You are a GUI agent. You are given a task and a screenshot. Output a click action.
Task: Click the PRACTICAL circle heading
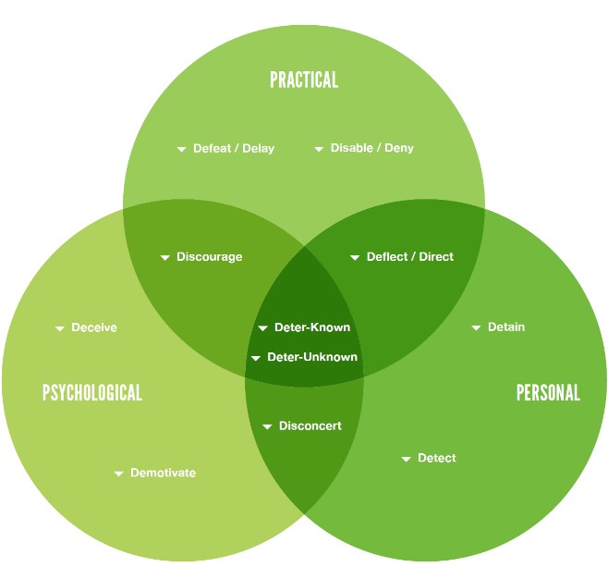click(304, 80)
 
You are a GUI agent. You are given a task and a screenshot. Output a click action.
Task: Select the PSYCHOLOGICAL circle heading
click(92, 392)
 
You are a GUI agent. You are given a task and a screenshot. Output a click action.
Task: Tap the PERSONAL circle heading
click(548, 392)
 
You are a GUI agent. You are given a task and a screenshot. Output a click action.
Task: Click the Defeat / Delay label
click(234, 148)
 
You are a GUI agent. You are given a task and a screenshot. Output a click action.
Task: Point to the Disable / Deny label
click(372, 148)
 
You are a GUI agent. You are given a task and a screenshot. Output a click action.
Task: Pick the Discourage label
click(210, 256)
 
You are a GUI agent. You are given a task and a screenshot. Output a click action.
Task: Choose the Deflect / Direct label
click(410, 256)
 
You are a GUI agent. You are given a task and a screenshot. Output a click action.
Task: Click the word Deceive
click(94, 327)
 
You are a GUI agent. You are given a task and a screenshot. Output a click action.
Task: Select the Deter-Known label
click(312, 327)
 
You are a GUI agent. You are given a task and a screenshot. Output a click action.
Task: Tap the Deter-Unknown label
click(312, 357)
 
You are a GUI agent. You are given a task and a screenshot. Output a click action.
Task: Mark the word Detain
click(506, 327)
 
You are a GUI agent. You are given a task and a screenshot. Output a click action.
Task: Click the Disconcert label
click(310, 425)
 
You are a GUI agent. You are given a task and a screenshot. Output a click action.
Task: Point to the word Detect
click(437, 458)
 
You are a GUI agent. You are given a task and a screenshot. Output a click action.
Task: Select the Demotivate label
click(163, 473)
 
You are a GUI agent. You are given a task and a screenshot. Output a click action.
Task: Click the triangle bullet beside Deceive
click(60, 328)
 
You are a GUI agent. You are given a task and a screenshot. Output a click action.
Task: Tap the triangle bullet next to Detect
click(407, 459)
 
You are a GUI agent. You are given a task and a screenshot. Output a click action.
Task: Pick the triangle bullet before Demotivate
click(118, 474)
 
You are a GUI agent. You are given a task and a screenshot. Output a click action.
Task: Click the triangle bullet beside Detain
click(476, 327)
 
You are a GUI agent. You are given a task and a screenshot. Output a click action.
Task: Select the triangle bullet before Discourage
click(165, 257)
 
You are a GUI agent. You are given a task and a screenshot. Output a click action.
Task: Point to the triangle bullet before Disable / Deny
click(319, 149)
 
